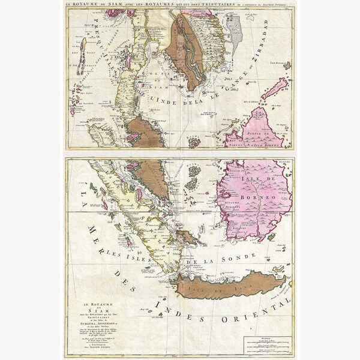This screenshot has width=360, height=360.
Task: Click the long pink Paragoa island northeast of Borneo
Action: (x=272, y=88)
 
